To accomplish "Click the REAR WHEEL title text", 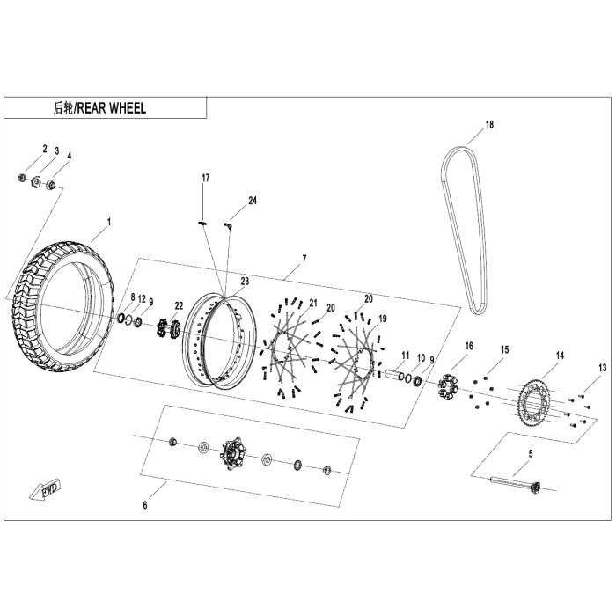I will click(x=99, y=108).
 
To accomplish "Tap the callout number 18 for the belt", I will click(x=489, y=125).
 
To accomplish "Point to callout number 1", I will click(x=109, y=222).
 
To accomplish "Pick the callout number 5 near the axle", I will click(x=531, y=454).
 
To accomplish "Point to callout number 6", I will click(x=145, y=505).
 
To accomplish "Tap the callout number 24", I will click(x=252, y=201).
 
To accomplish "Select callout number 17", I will click(x=205, y=179).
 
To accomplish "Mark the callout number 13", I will click(x=602, y=367).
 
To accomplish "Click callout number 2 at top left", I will click(x=44, y=148).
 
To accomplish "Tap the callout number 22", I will click(x=179, y=305).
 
